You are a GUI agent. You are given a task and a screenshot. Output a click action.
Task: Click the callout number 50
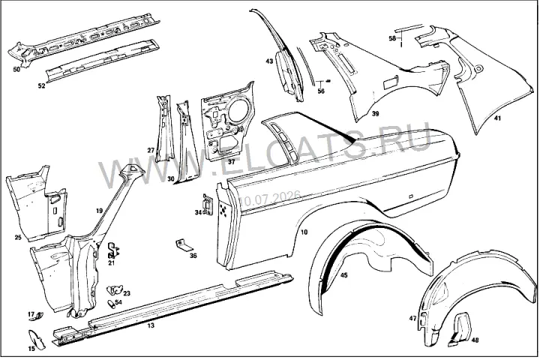(x=16, y=69)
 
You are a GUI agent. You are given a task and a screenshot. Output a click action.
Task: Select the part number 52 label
(x=41, y=85)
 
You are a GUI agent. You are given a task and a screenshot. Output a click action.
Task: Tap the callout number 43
(x=269, y=61)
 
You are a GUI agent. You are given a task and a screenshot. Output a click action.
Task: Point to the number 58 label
(x=392, y=38)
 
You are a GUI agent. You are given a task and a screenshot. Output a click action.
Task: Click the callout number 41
(x=497, y=118)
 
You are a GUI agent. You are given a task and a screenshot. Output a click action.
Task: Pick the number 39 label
(x=375, y=113)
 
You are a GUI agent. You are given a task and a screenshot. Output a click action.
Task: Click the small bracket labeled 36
(x=184, y=245)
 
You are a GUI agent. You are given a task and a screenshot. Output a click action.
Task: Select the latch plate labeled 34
(x=208, y=205)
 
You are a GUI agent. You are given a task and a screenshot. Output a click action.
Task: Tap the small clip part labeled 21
(x=113, y=250)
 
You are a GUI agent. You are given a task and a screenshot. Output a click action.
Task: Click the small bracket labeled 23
(x=115, y=290)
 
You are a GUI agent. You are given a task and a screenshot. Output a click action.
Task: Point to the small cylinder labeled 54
(x=111, y=305)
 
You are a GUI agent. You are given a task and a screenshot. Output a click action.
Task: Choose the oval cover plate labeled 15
(x=37, y=339)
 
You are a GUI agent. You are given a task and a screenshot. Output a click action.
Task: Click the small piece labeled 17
(x=37, y=316)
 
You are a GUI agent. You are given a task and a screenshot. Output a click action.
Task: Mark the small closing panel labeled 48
(x=458, y=329)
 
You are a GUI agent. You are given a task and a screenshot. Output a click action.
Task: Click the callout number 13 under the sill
(x=151, y=325)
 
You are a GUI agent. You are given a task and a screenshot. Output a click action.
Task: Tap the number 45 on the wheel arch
(x=344, y=275)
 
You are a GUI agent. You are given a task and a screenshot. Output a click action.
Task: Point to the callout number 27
(x=151, y=150)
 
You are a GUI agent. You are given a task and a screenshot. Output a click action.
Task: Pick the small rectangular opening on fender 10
(x=410, y=196)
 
